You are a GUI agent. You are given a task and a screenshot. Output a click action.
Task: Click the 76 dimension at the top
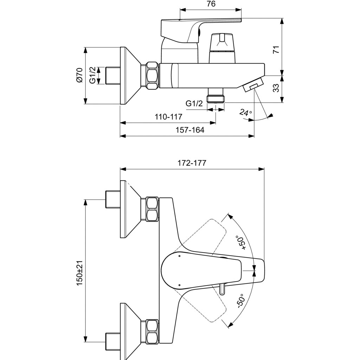(211, 4)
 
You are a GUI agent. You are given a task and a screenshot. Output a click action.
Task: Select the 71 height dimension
(277, 49)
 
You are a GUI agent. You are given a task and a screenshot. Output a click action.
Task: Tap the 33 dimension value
(277, 88)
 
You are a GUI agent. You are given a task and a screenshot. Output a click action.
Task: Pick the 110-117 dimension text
(168, 117)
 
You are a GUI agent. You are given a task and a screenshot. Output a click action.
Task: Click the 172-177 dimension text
(192, 163)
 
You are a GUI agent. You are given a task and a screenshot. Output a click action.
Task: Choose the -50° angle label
(240, 301)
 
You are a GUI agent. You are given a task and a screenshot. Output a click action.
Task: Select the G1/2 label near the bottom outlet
(194, 104)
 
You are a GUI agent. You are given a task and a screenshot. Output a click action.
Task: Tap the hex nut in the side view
(152, 76)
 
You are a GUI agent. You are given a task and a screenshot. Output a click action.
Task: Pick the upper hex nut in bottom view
(152, 209)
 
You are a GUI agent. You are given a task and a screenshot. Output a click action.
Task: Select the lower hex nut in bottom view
(152, 332)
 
